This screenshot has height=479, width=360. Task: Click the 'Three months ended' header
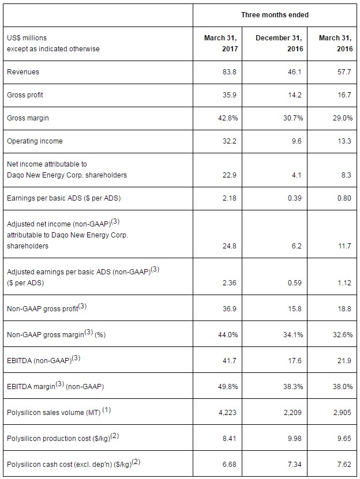(x=275, y=14)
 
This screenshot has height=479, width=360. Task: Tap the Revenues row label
(x=23, y=72)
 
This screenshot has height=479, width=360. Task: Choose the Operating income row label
(x=35, y=141)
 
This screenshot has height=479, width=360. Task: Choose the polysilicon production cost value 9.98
(x=295, y=439)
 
